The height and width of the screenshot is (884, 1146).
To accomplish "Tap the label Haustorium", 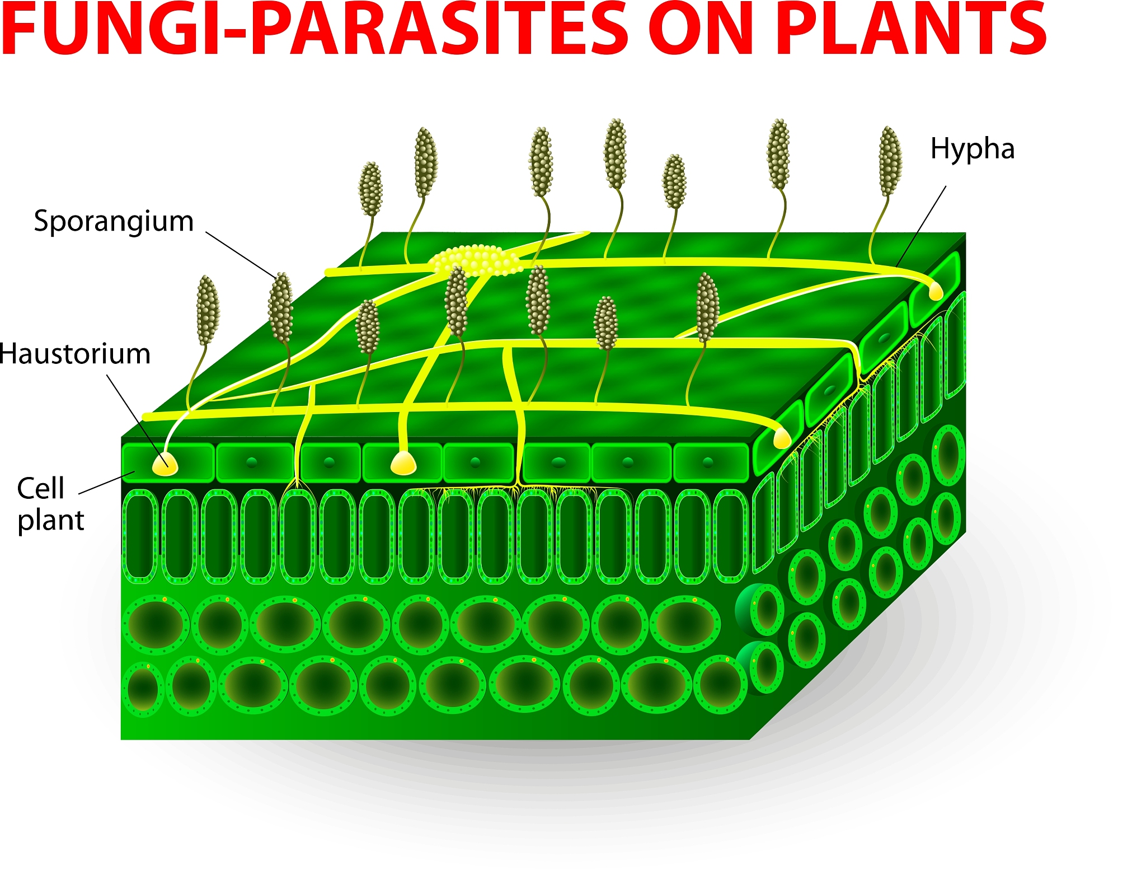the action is pos(75,354).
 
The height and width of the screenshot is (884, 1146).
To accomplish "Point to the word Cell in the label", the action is pos(40,488).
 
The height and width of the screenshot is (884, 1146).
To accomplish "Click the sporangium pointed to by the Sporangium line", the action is pos(280,307).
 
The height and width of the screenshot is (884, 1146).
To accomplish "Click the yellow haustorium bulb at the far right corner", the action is pos(936,291).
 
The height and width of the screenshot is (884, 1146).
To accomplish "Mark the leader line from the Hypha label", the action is pos(921,226).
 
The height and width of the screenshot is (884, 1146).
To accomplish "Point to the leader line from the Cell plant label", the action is pos(107,483).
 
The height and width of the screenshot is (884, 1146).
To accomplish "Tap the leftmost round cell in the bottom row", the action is pos(143,689).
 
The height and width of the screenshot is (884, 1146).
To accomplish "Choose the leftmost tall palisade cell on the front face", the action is pos(140,536).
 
